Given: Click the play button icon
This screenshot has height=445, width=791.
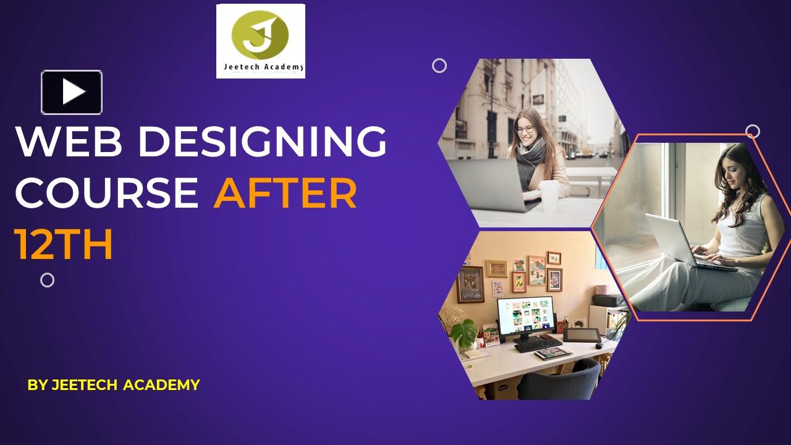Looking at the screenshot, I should [x=72, y=92].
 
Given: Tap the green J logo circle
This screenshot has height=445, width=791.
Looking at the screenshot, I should [x=260, y=34].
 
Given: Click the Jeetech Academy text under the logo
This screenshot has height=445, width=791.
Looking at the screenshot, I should [x=260, y=67].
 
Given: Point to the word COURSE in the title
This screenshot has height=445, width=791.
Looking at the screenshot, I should [x=106, y=193].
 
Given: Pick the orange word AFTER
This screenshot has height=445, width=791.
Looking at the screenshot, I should [x=285, y=193].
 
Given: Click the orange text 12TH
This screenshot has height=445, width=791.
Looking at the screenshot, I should [x=64, y=244].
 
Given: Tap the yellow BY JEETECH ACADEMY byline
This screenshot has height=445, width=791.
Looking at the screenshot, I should [x=114, y=384].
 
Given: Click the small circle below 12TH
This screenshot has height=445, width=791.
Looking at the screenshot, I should [x=47, y=280].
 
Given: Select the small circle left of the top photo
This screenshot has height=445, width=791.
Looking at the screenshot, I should [x=439, y=66].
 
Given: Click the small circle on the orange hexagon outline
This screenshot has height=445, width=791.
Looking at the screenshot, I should [x=752, y=131].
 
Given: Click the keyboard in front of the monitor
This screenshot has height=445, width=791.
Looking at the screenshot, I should [x=538, y=344].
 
